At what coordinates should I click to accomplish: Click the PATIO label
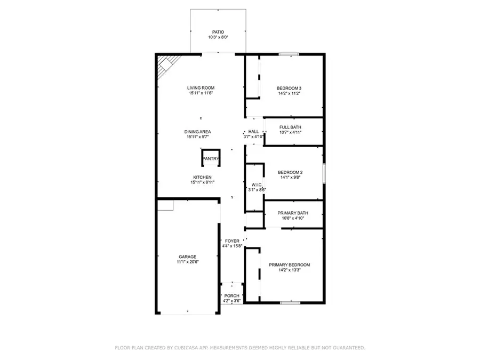218,32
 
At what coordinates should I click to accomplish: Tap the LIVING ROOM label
200,88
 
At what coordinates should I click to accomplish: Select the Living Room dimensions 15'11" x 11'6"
200,93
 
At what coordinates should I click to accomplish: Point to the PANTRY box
210,158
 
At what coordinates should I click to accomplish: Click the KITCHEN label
202,177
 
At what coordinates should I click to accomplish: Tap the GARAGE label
187,257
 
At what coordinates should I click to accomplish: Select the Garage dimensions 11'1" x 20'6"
187,262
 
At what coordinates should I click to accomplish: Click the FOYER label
232,241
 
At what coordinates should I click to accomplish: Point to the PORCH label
231,296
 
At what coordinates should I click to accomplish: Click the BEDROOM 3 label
289,88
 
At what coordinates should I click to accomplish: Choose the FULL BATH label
290,127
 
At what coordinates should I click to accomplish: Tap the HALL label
253,131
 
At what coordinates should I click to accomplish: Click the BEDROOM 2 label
290,172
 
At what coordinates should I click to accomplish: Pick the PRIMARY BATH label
290,213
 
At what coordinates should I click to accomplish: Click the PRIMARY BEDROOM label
289,265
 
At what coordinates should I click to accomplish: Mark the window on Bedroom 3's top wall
289,54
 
